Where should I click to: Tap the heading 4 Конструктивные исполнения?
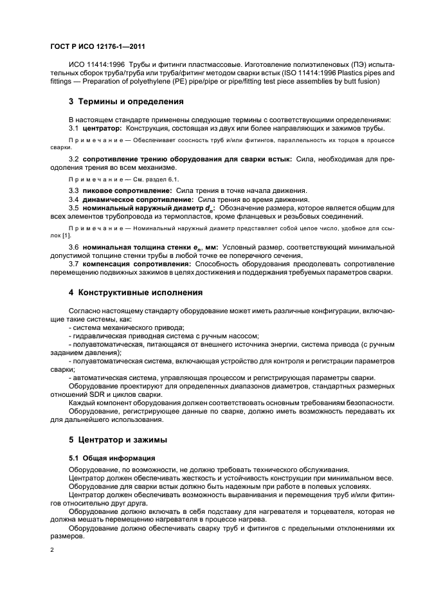point(136,292)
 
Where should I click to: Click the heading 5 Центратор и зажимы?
point(118,440)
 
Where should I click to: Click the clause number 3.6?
point(74,246)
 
